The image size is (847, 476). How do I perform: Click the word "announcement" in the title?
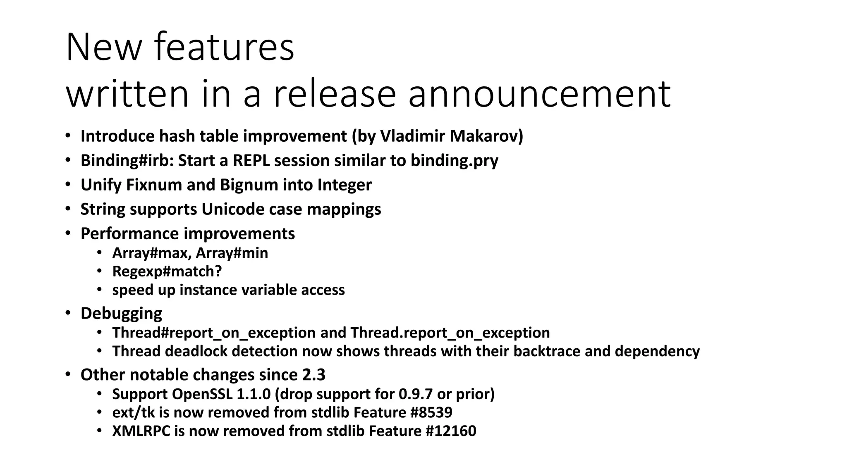click(x=539, y=94)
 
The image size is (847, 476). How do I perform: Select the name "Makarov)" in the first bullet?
click(x=486, y=136)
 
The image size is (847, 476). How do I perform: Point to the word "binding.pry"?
click(x=454, y=160)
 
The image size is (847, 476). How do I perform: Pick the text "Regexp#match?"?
click(x=167, y=271)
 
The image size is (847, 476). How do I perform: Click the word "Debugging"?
click(x=121, y=313)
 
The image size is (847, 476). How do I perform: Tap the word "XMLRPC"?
click(x=141, y=431)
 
